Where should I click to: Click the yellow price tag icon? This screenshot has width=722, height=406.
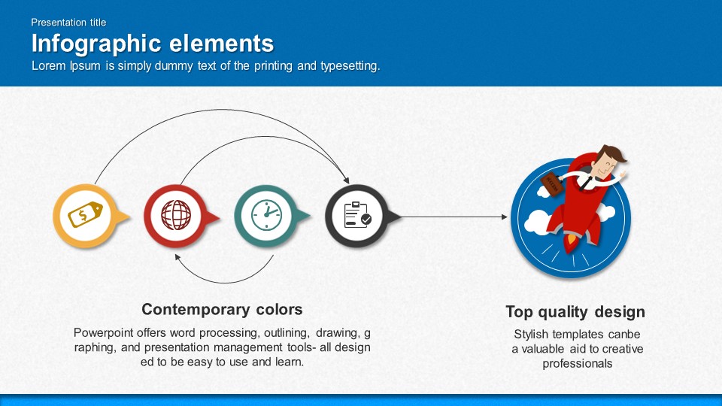coord(85,214)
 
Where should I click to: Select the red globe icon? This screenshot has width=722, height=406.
coord(176,215)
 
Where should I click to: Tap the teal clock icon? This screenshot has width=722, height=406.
coord(266,215)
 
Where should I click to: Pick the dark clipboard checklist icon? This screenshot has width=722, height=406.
coord(357,215)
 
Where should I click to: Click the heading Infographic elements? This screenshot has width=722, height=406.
coord(153,44)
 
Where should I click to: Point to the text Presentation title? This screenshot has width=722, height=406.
coord(68,22)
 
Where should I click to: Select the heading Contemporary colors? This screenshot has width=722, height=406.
coord(222,309)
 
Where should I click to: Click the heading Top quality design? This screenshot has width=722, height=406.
coord(575,311)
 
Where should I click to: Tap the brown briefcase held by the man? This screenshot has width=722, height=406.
coord(551,184)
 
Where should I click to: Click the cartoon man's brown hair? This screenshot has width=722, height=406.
coord(614,153)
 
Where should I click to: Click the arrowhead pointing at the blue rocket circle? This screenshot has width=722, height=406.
coord(505,217)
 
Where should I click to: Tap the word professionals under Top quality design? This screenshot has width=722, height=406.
coord(578,364)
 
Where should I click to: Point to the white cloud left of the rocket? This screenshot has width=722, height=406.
coord(537,222)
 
